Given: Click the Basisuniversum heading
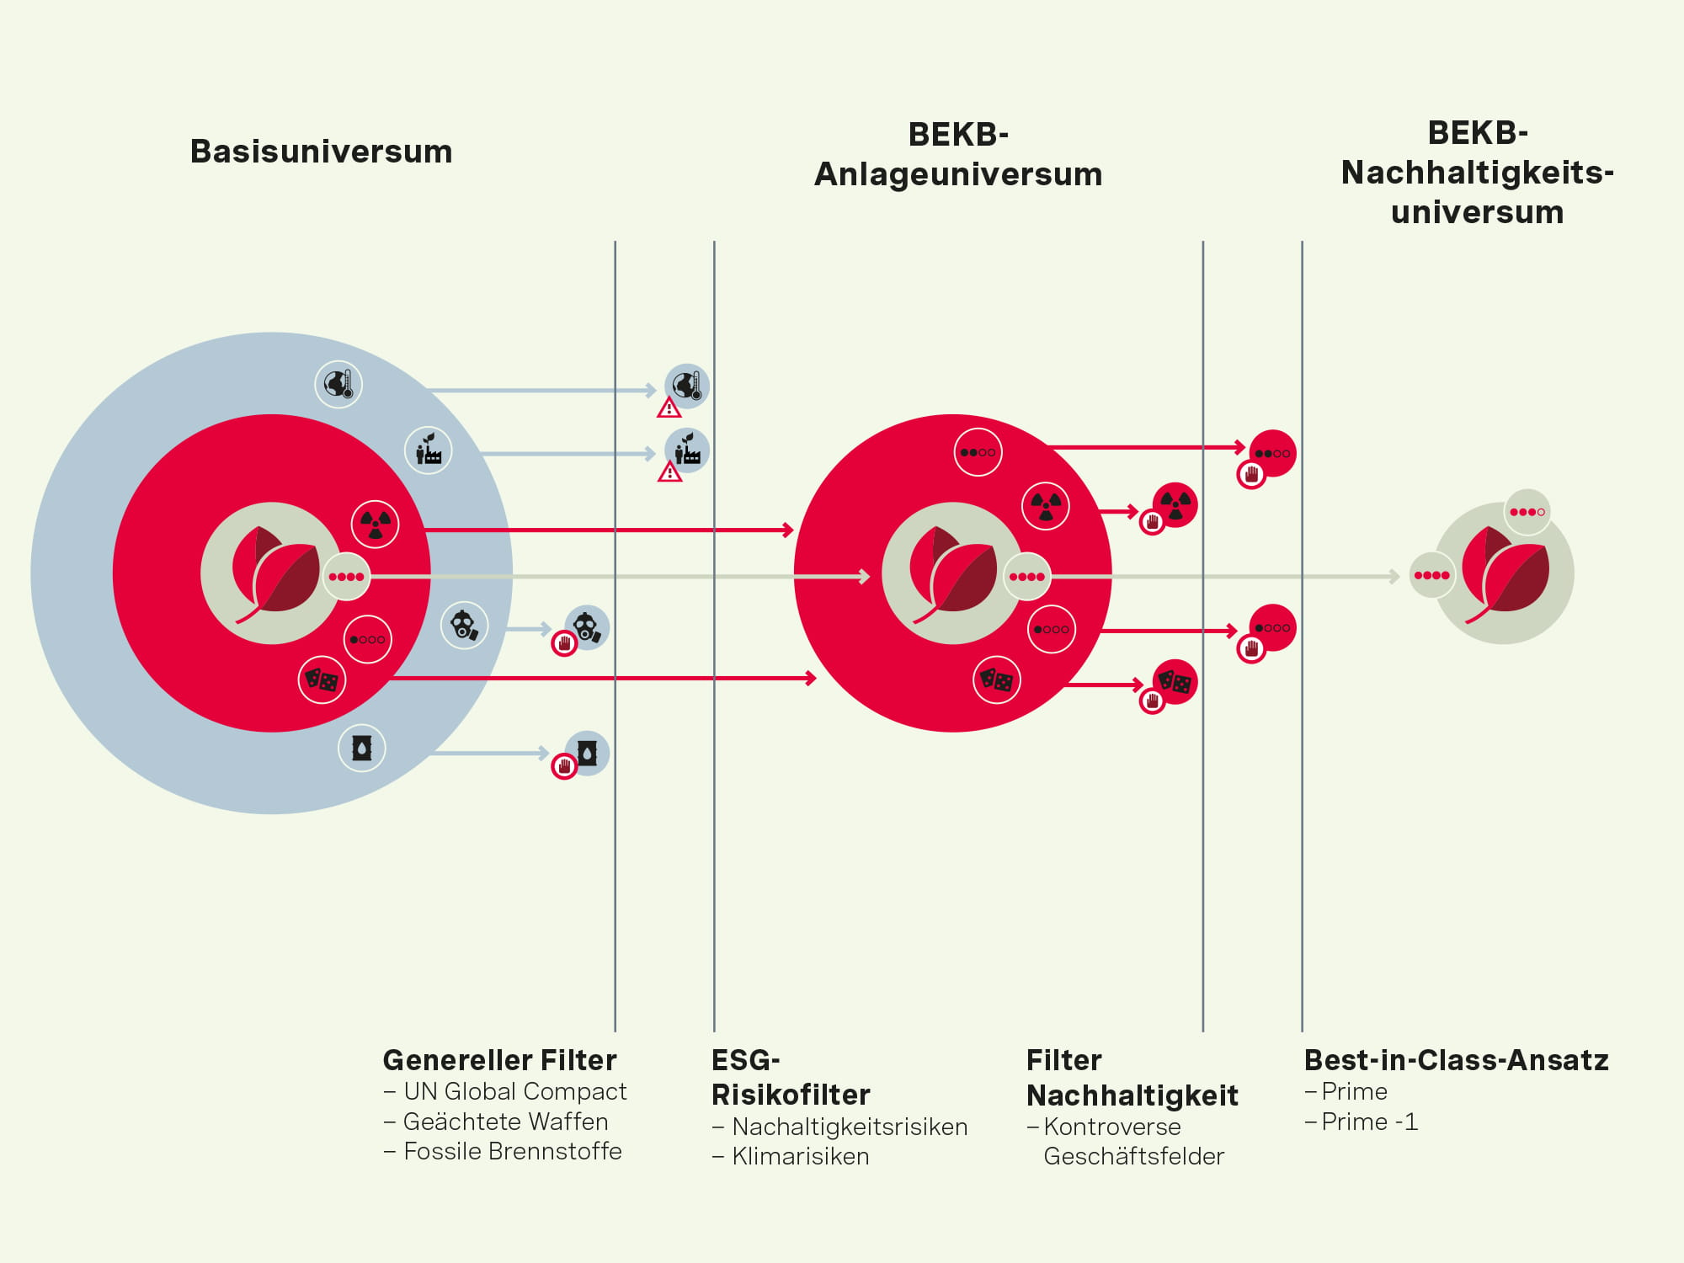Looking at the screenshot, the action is [321, 152].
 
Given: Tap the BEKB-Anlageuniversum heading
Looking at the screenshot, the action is [958, 154].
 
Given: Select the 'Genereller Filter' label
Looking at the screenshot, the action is [499, 1059].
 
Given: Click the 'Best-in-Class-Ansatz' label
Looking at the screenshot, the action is [1456, 1059].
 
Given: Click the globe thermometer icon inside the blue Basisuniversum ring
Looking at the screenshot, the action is [338, 384].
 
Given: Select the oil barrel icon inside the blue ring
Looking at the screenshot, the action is [362, 748].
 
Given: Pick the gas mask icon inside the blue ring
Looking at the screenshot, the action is [464, 626].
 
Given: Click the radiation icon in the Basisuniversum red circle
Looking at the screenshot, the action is [375, 524].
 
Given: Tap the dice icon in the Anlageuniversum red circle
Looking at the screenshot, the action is [997, 679].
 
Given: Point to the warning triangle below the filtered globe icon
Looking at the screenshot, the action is [669, 408].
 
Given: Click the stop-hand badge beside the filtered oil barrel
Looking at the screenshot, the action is [564, 766].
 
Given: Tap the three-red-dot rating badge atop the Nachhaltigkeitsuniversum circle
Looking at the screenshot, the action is [1527, 512].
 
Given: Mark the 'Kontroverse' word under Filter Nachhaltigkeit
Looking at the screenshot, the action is [1111, 1127].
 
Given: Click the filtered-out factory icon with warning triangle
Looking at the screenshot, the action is [686, 451].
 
